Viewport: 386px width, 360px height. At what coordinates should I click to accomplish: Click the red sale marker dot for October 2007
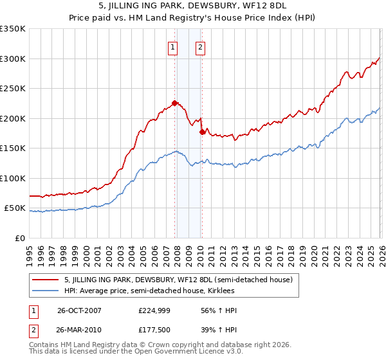pos(174,103)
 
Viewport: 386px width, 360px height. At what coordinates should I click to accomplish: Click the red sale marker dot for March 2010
pos(202,131)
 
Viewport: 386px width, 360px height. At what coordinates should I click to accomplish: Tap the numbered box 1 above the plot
pos(174,47)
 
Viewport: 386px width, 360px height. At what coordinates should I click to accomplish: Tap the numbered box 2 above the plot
pos(201,47)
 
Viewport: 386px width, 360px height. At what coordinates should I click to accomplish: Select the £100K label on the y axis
pos(13,178)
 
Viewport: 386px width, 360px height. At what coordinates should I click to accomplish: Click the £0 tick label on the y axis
pos(18,238)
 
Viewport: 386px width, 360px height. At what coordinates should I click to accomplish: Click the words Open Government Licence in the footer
pos(185,352)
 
